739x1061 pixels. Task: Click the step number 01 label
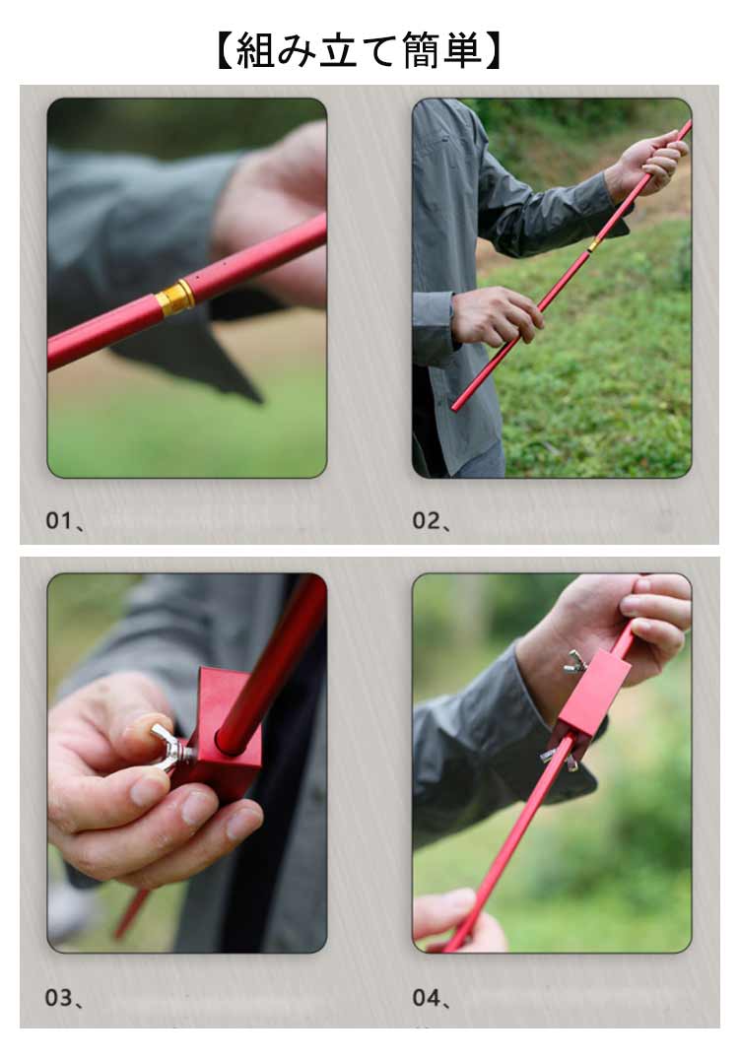point(59,520)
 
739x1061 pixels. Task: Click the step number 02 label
point(426,520)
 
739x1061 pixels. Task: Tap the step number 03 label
point(59,997)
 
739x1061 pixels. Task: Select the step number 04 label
point(426,997)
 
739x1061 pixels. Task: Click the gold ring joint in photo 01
point(175,298)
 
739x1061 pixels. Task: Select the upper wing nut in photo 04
point(575,662)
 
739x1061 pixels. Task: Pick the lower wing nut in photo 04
point(559,759)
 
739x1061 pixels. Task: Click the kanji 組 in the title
point(256,51)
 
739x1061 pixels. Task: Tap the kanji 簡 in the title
point(422,51)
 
